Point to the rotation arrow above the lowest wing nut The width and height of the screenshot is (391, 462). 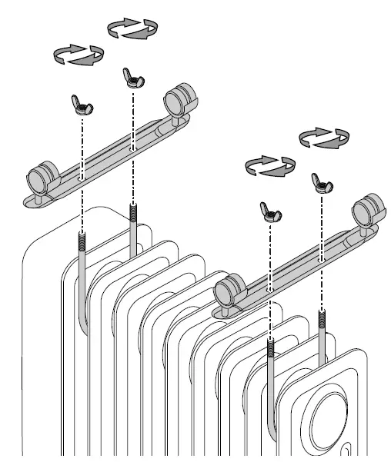pos(269,165)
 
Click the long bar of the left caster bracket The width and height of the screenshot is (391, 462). pos(108,146)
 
